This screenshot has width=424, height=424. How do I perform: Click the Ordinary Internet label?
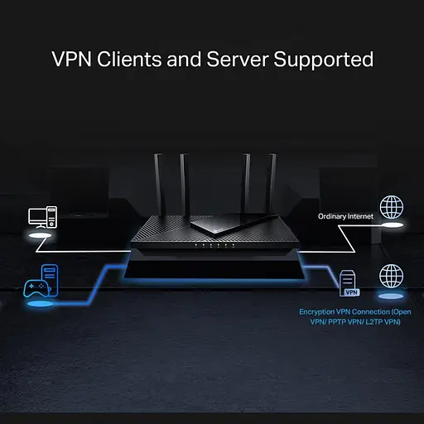(x=346, y=216)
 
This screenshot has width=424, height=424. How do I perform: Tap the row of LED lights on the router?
(x=212, y=246)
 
